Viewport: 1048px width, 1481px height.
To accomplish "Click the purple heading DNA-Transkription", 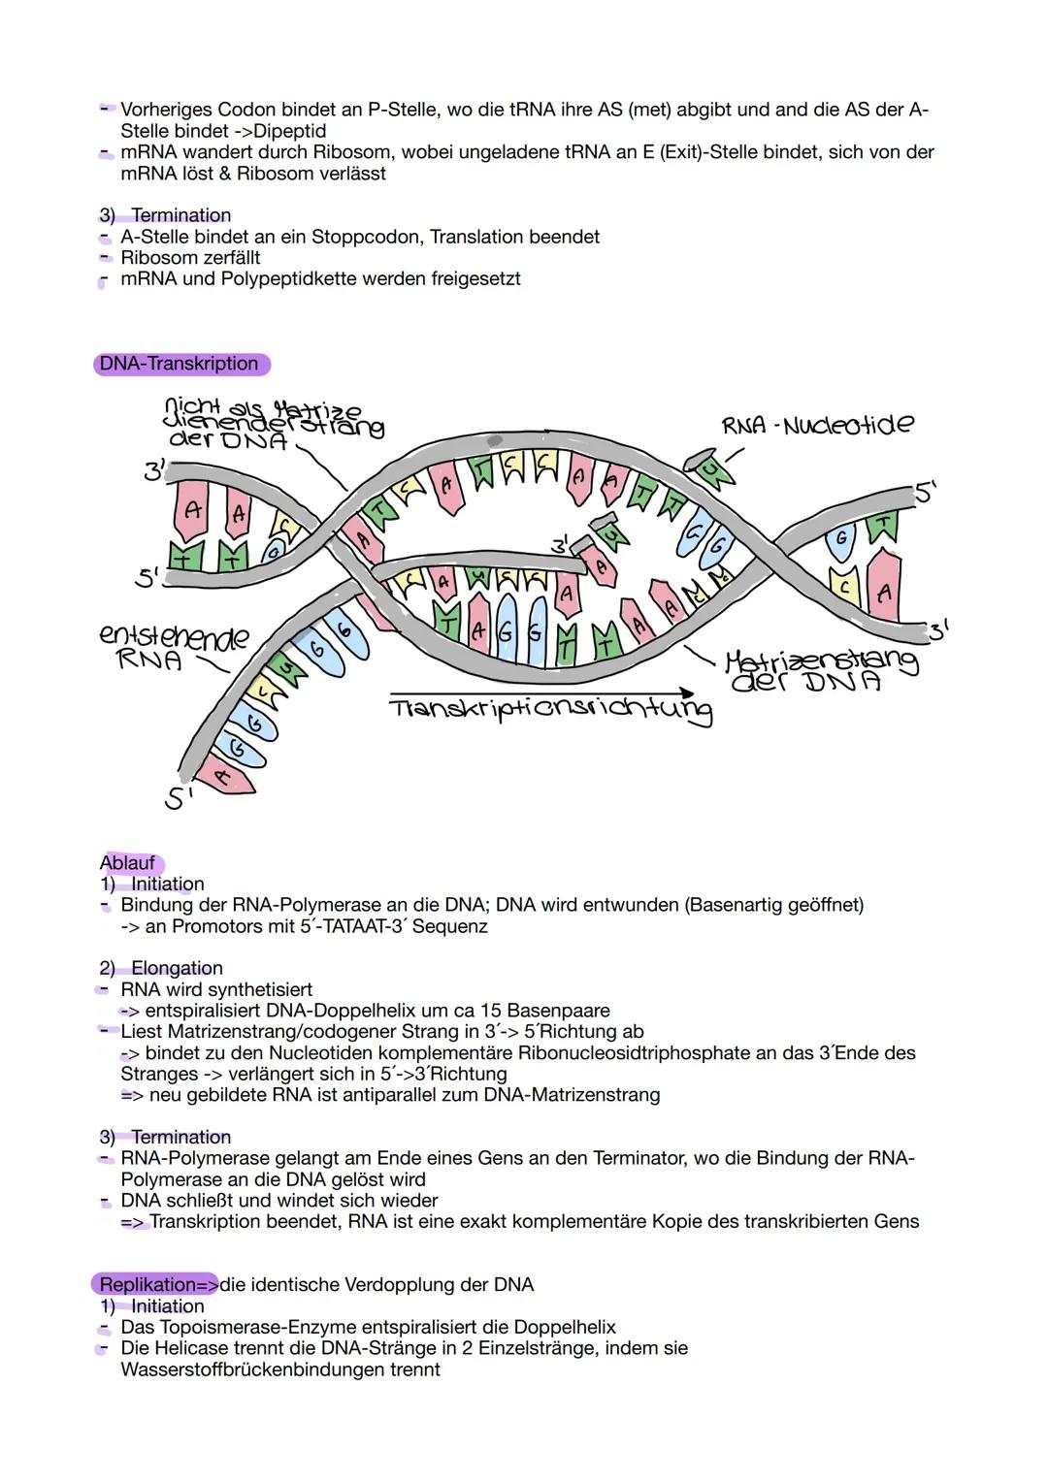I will click(180, 364).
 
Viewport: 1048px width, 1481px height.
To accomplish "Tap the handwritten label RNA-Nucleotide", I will click(816, 425).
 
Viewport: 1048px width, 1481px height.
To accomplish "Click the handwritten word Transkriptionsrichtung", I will click(549, 710).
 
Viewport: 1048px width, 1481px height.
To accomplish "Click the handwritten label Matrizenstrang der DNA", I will click(821, 670).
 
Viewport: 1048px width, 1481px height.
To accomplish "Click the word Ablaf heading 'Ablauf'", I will click(127, 862).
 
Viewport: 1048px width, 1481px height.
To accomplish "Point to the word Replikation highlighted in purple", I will click(147, 1284).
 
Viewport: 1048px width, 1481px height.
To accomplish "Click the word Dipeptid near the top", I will click(289, 131).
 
